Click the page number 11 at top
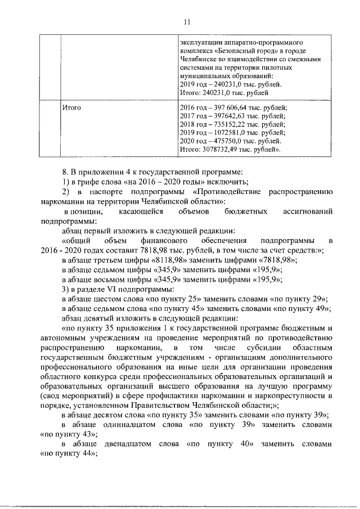tap(187, 22)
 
